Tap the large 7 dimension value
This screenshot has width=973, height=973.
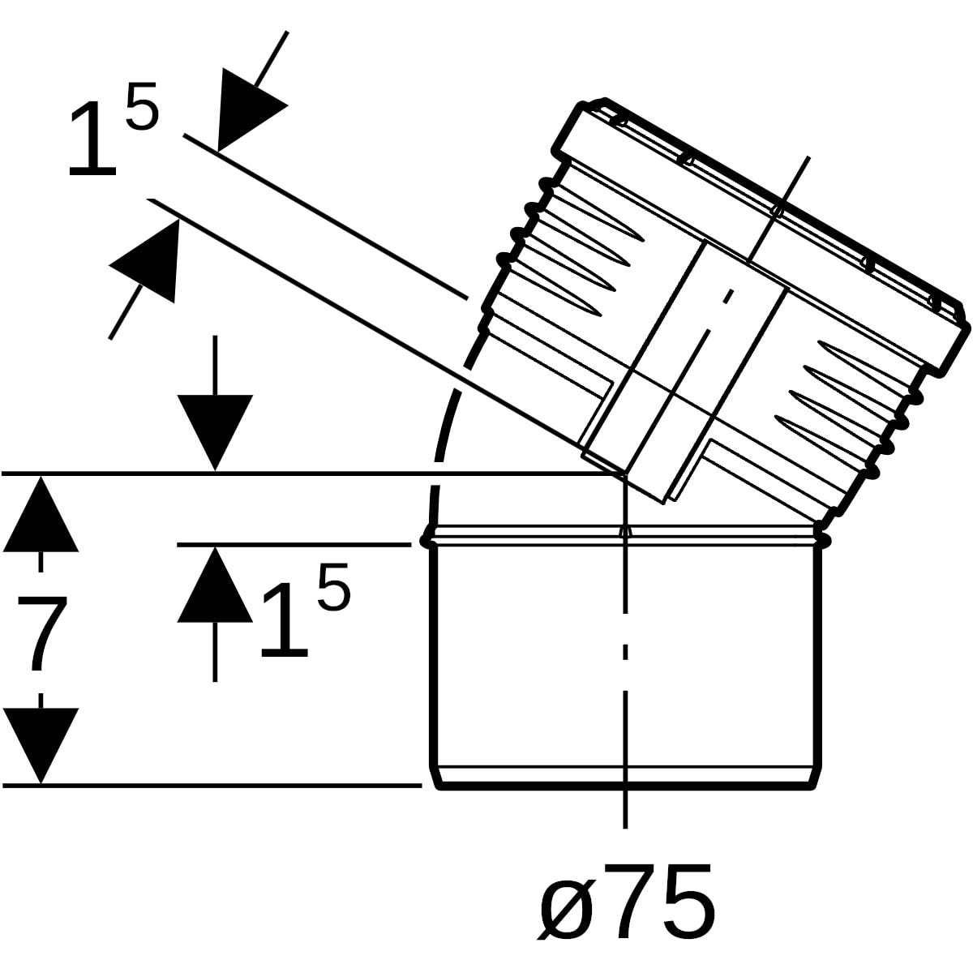pos(42,632)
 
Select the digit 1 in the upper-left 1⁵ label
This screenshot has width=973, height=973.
pos(93,139)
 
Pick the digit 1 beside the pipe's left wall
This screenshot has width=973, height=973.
pos(284,620)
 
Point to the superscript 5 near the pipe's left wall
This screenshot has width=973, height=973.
pos(333,586)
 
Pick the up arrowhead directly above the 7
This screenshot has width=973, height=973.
pos(41,515)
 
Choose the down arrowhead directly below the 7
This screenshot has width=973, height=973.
pos(41,746)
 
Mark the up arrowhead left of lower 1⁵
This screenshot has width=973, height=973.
pos(215,585)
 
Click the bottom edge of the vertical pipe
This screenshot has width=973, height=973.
pos(625,787)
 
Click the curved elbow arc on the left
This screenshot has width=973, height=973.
pos(447,429)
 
